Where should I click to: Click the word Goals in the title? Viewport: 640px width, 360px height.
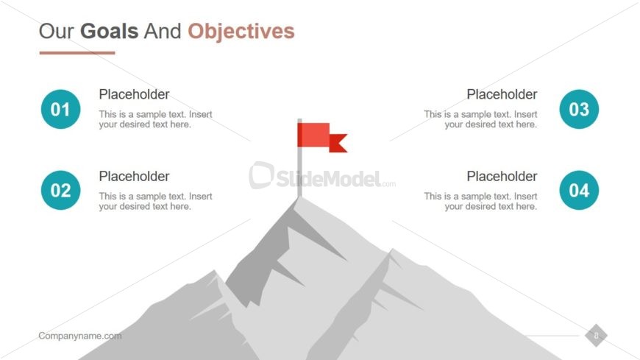[109, 31]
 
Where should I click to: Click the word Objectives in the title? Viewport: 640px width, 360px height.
[241, 31]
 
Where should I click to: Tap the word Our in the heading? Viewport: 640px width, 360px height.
[57, 31]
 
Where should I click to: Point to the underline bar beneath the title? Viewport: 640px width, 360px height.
[77, 53]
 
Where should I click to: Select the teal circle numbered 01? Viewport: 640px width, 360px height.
[61, 109]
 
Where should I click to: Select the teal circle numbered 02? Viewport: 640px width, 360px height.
[61, 190]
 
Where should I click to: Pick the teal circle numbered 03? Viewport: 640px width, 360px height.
[579, 109]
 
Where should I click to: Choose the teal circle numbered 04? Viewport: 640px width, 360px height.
[579, 190]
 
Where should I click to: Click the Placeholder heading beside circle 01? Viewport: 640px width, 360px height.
[134, 94]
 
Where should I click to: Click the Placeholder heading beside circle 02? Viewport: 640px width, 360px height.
[134, 177]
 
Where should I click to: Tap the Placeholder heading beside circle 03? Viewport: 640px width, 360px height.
[502, 94]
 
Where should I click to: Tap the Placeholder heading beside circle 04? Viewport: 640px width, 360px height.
[502, 177]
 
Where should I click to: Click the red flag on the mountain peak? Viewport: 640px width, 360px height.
[313, 135]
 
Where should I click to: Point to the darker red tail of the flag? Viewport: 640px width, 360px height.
[338, 143]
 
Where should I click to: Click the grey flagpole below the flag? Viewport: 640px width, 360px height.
[299, 172]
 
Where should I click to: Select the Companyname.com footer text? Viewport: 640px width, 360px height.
[80, 336]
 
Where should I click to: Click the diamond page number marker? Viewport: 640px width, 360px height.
[596, 336]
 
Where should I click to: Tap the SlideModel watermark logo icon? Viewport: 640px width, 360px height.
[261, 175]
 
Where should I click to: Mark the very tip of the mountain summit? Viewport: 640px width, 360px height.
[299, 198]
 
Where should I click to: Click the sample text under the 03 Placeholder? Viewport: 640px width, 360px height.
[480, 119]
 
